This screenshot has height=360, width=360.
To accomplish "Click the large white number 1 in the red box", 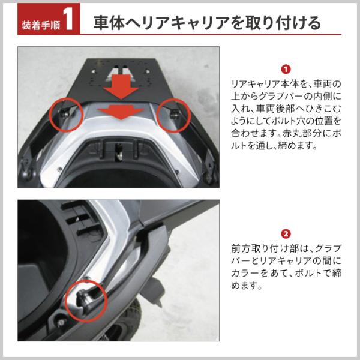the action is [x=68, y=20].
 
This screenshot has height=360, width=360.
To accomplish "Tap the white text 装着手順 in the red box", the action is [x=41, y=25].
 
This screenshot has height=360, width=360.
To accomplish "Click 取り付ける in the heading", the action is [x=283, y=23].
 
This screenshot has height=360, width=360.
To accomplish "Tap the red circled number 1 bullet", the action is [x=286, y=70].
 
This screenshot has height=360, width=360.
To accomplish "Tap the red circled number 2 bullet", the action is [x=286, y=234].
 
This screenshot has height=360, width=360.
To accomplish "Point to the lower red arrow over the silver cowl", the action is [x=121, y=112].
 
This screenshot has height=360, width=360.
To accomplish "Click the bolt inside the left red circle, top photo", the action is [x=64, y=113].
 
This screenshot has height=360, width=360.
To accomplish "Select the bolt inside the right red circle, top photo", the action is [x=175, y=113].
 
